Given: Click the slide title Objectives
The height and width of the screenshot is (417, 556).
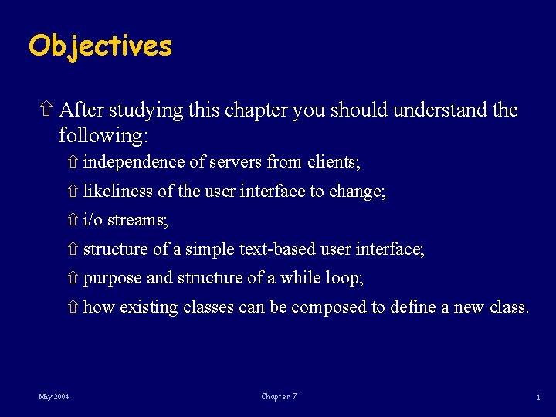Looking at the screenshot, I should tap(100, 46).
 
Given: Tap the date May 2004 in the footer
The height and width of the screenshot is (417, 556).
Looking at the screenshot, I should tap(53, 397).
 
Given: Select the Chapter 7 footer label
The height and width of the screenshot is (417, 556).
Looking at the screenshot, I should tap(279, 397).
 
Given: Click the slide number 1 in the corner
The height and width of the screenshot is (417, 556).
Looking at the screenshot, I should tap(537, 397).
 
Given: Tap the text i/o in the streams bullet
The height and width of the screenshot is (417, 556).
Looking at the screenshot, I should tap(93, 220).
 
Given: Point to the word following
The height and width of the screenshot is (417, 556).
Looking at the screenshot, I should tap(103, 136).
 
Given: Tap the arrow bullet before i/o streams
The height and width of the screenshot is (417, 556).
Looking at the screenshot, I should tap(73, 221).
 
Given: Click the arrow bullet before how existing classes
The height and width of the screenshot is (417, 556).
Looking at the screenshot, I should tap(73, 307).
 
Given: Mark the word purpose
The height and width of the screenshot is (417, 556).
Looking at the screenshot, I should tap(112, 278).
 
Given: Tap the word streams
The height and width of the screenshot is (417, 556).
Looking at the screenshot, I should tap(137, 220).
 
